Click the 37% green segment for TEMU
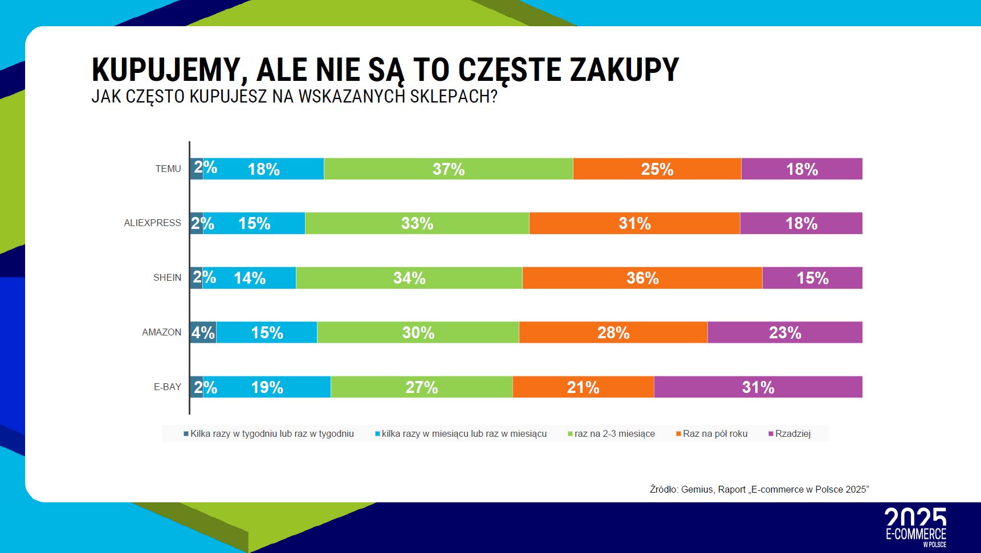coord(448,169)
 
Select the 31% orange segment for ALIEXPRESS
coord(634,223)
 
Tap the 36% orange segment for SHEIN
coord(642,278)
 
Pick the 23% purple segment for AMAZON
coord(785,333)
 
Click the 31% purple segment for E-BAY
coord(758,387)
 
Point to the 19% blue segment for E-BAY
coord(267,387)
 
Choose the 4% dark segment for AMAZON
coord(203,333)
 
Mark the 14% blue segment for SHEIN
coord(250,278)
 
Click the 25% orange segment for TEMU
coord(657,169)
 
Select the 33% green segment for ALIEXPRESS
coord(417,223)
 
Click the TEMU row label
coord(168,169)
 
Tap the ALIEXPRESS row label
coord(152,223)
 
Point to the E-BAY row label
coord(168,387)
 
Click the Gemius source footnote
coord(759,490)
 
